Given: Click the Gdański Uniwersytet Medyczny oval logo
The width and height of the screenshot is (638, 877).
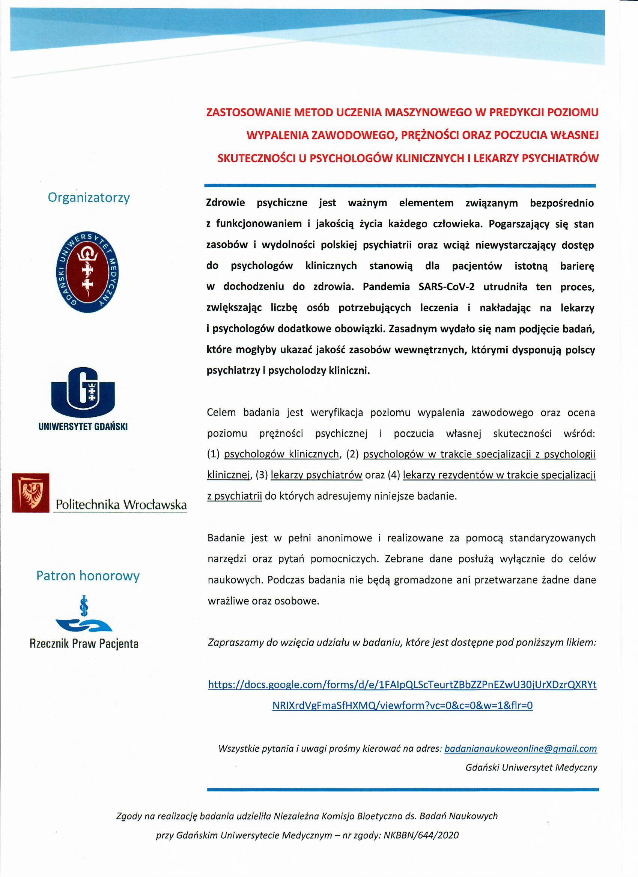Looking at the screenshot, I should tap(87, 273).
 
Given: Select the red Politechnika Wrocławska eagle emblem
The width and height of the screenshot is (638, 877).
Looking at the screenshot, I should tap(31, 493).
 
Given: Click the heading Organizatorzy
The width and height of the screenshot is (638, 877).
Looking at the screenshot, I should tap(89, 198).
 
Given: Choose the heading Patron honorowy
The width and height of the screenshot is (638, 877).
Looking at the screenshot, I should tap(88, 576).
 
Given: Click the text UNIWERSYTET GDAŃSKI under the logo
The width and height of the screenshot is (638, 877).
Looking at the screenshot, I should tap(83, 427).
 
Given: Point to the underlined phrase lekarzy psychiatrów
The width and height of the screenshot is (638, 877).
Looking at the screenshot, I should tap(316, 475).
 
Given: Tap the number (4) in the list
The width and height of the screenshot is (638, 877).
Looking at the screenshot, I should tap(395, 475).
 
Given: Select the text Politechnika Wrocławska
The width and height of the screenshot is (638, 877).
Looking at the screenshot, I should tap(121, 505).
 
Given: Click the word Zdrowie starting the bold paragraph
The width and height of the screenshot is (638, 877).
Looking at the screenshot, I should tap(225, 203).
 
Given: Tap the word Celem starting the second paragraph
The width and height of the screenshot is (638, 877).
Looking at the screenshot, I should tap(221, 413).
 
